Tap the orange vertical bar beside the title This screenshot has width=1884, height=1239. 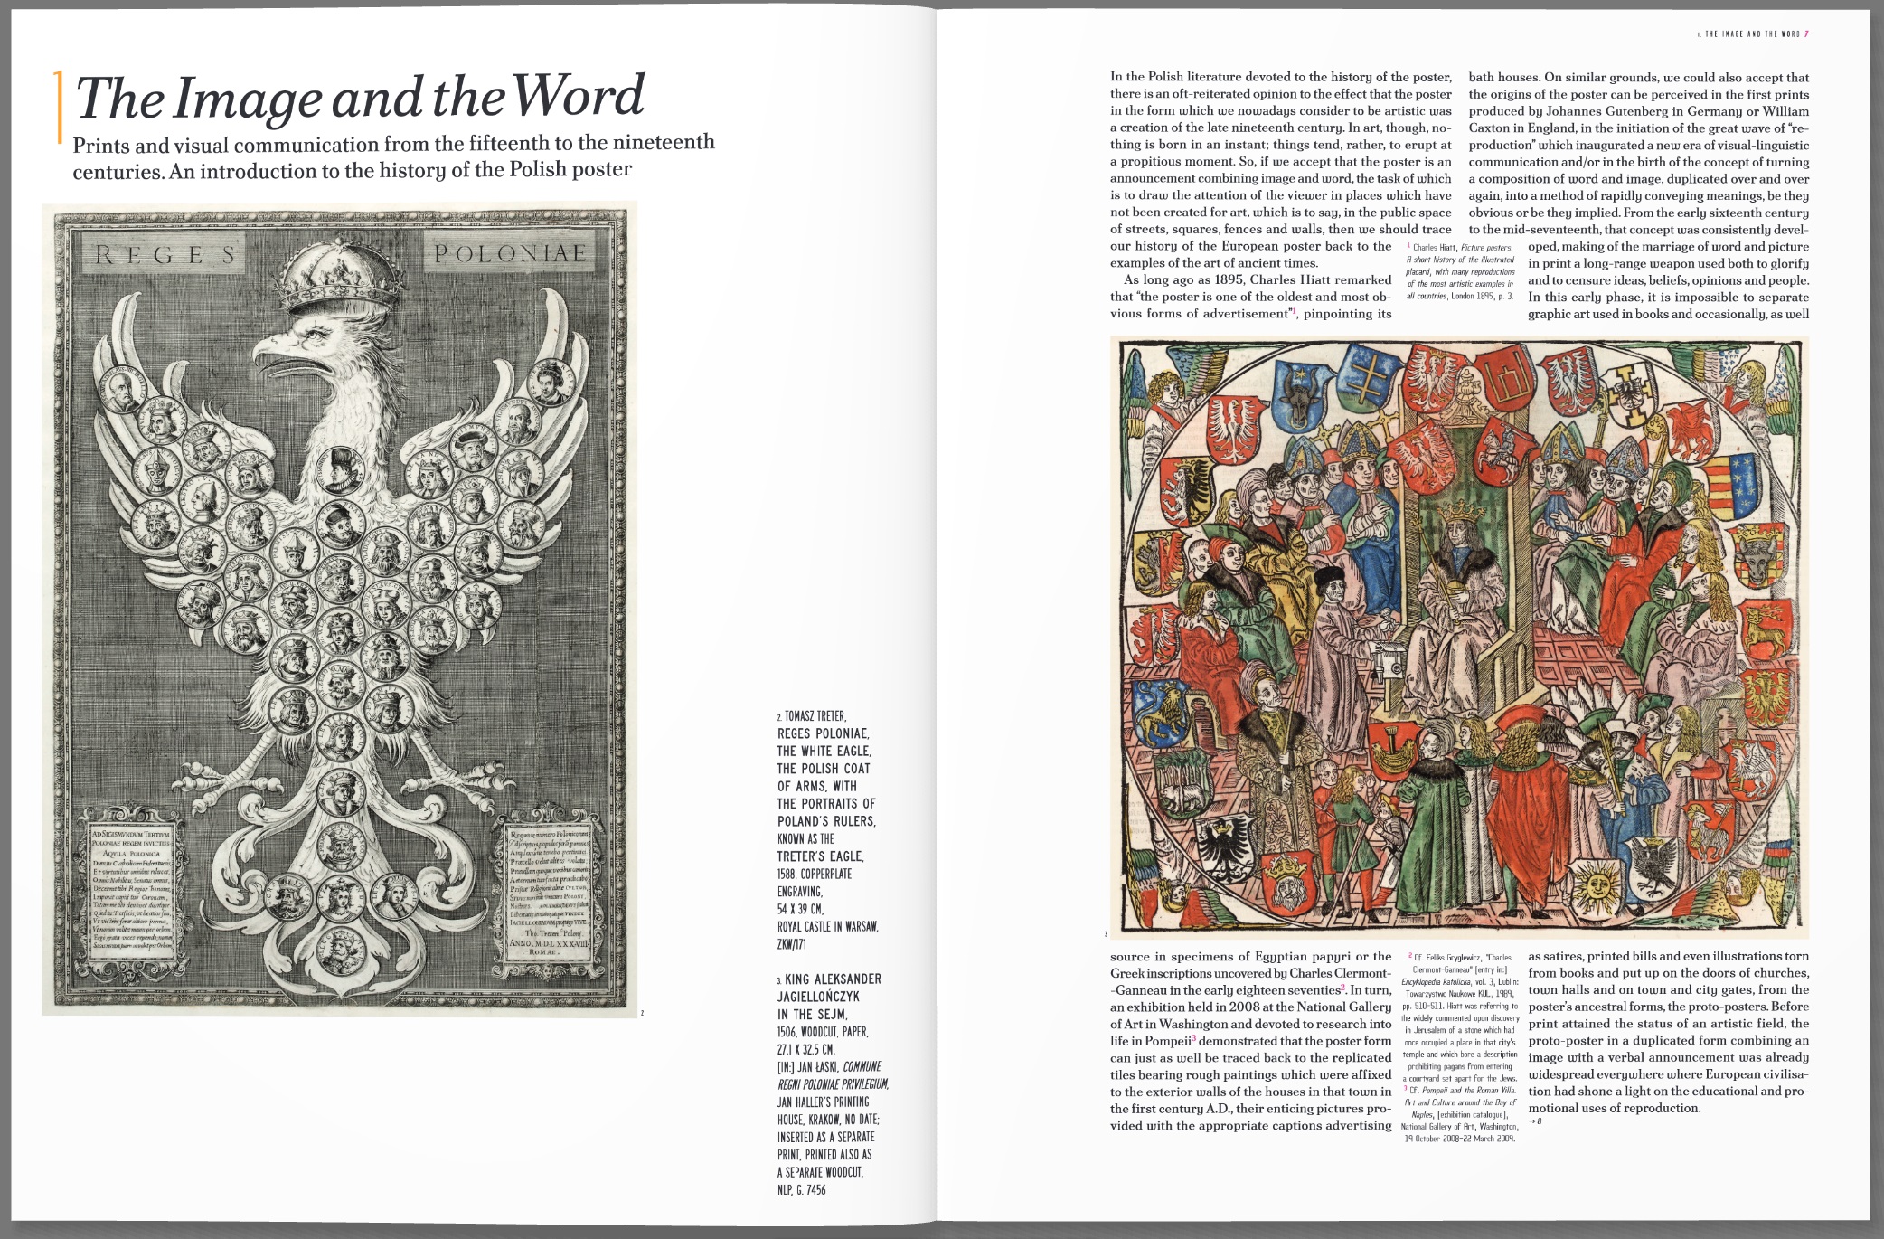point(60,106)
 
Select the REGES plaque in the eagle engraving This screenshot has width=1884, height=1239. point(166,255)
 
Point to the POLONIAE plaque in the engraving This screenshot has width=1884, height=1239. point(509,254)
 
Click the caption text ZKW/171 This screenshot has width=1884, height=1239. point(791,944)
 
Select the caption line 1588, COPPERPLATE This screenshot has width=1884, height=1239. point(814,874)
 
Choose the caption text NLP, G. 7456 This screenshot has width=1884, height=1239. point(801,1189)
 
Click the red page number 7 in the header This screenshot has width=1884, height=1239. point(1805,34)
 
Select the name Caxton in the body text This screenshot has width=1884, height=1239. point(1489,128)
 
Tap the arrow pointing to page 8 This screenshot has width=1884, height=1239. point(1534,1122)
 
